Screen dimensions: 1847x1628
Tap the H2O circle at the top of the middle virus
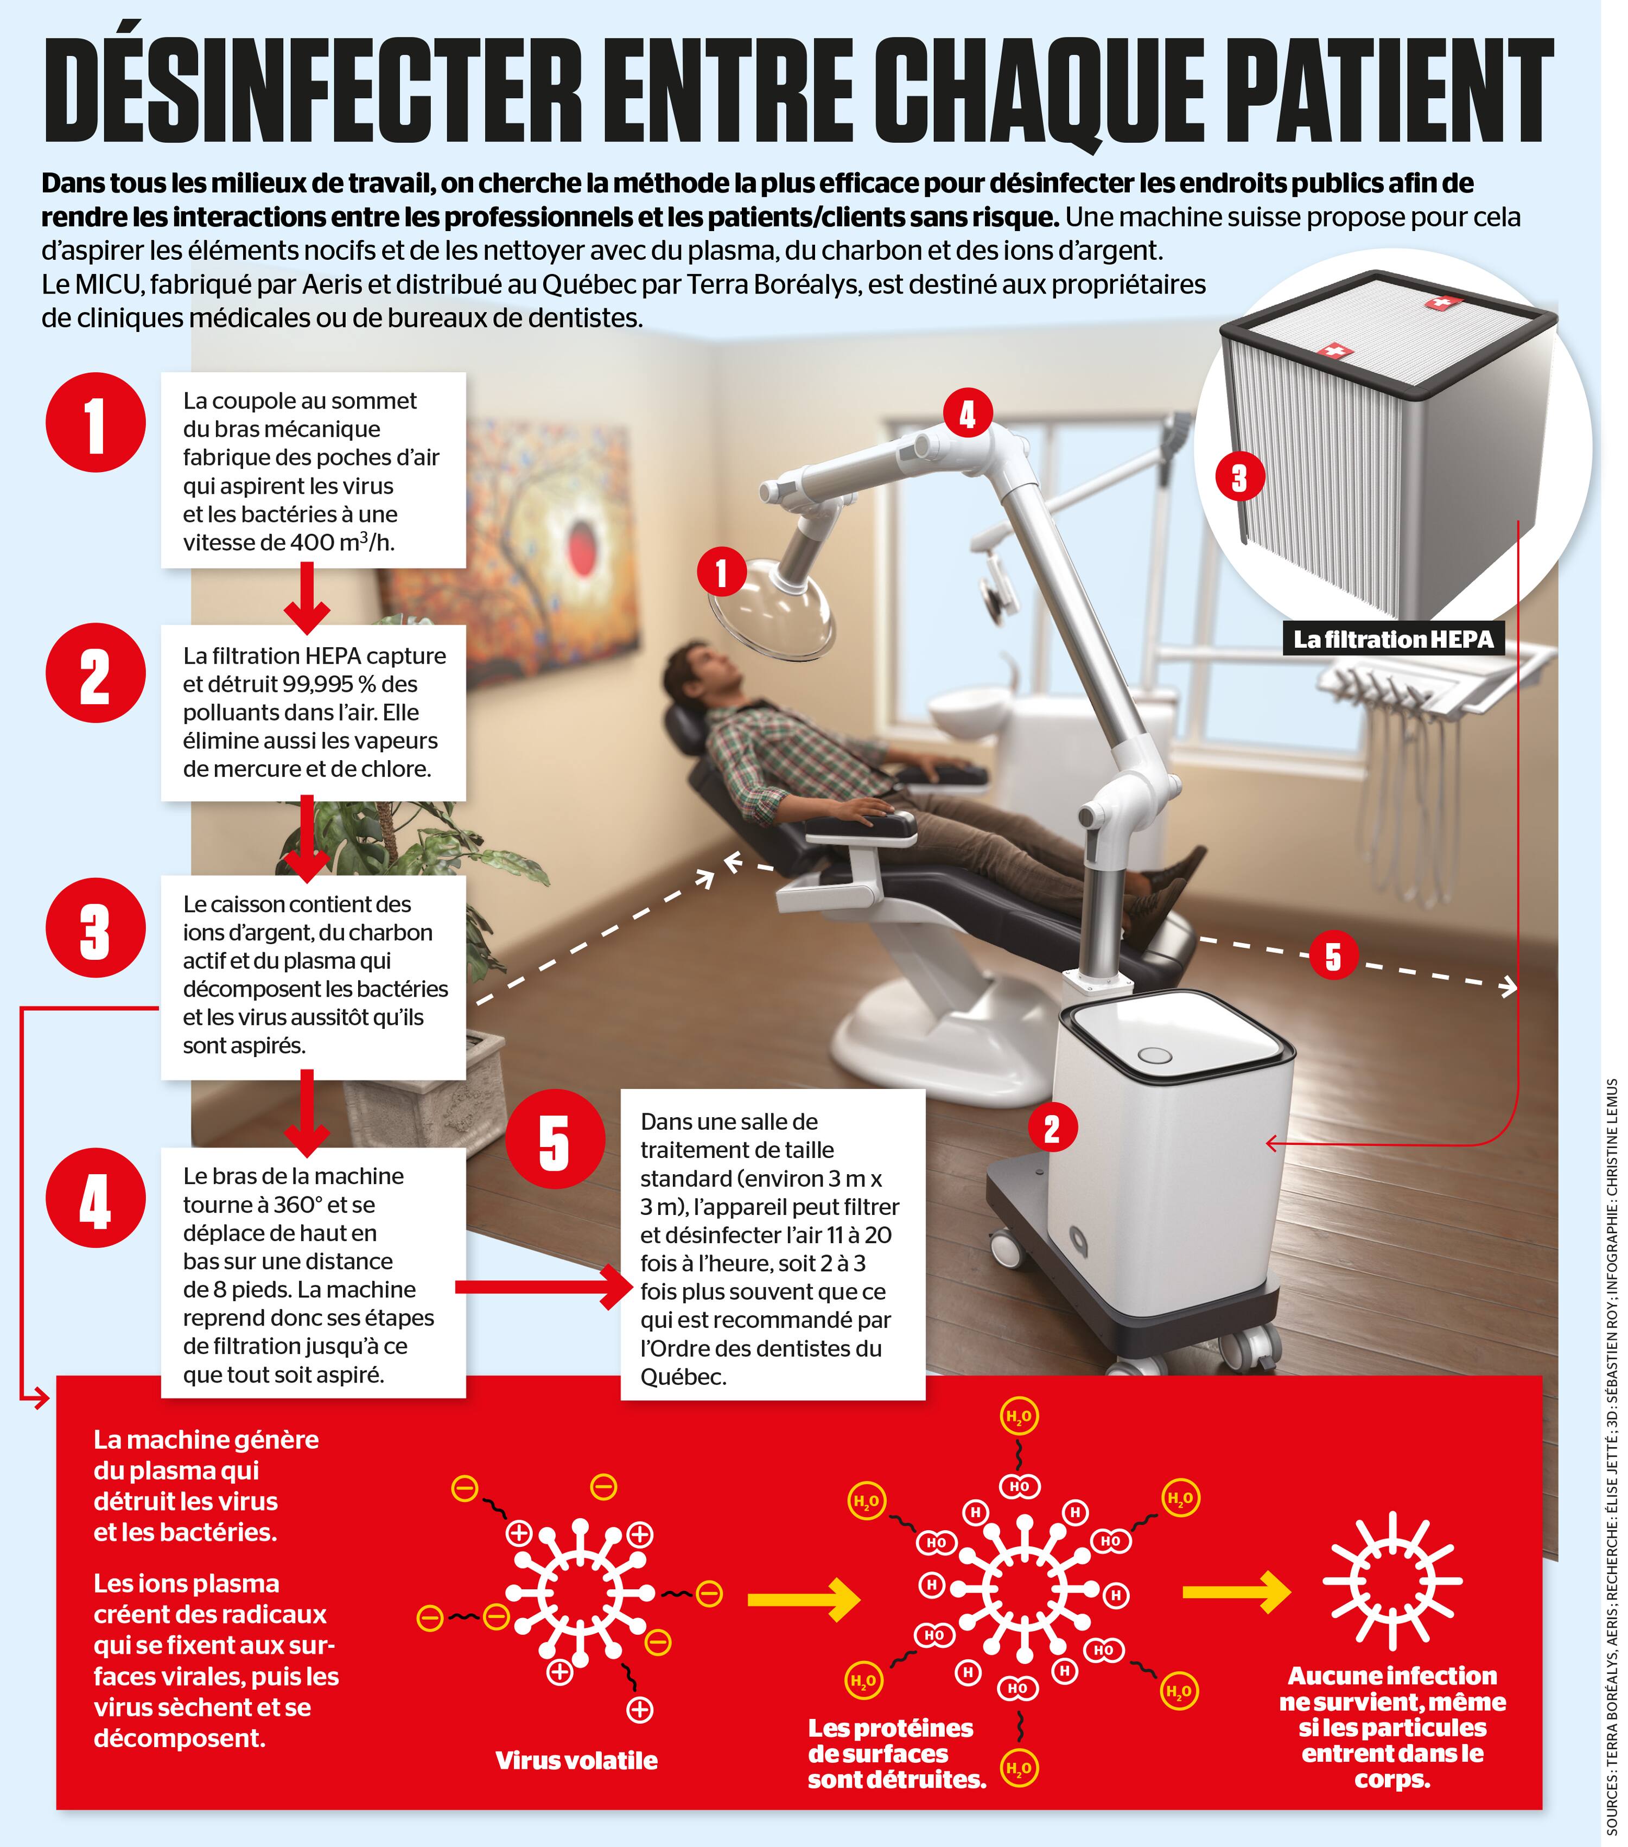(1019, 1416)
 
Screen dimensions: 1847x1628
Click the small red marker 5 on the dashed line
(1332, 956)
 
